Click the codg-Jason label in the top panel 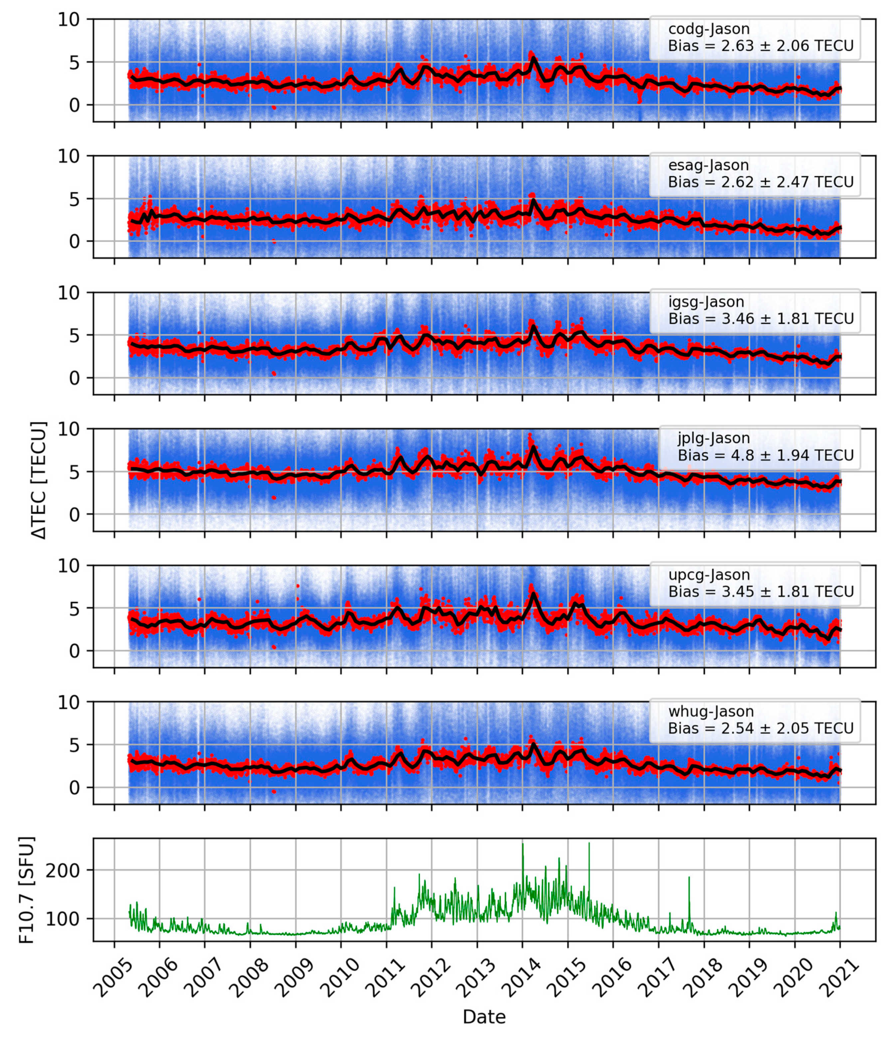tap(708, 29)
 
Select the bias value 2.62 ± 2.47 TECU tap(760, 182)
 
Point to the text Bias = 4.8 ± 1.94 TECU tap(765, 455)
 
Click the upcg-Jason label tap(709, 575)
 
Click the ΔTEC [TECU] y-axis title tap(39, 481)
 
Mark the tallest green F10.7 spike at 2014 tap(523, 845)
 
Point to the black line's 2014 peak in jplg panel tap(534, 447)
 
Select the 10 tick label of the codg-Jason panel tap(68, 20)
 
